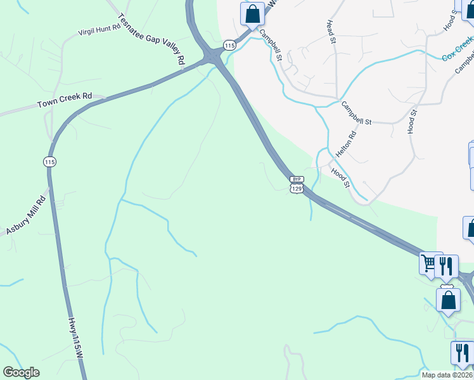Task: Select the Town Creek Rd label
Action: click(65, 100)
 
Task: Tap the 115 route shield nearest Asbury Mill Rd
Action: click(49, 163)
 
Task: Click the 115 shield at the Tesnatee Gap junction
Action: click(229, 46)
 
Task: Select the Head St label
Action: click(330, 31)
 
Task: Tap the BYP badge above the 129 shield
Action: click(297, 180)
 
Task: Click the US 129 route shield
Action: click(297, 188)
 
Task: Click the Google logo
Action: click(21, 372)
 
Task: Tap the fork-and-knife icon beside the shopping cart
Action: click(447, 267)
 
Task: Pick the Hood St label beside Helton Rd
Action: click(340, 178)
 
